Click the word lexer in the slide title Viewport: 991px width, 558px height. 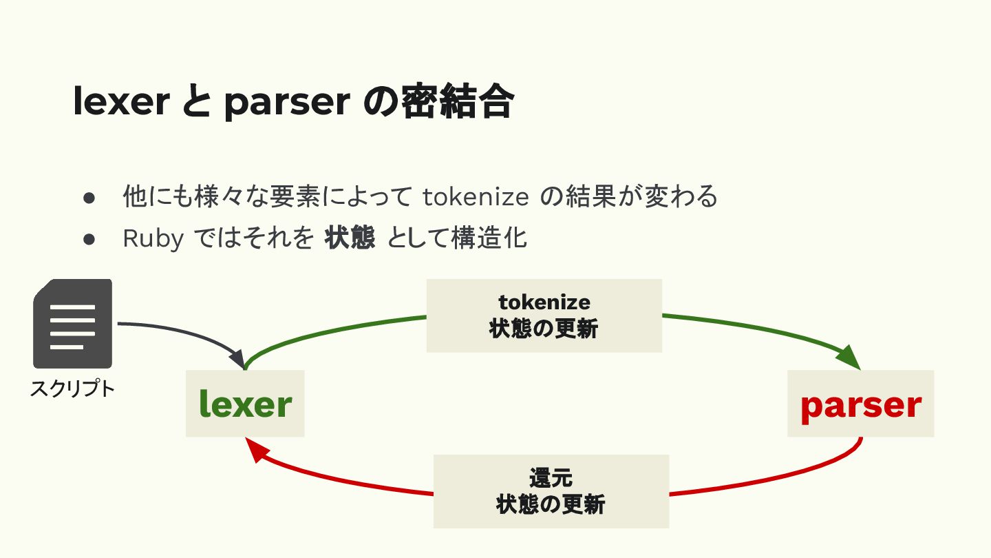(x=121, y=101)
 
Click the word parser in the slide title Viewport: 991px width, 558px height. (x=286, y=101)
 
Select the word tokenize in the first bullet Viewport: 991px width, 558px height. (x=476, y=197)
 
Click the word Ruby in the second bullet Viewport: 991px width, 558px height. (x=153, y=238)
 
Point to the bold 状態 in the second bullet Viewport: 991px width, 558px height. (x=350, y=238)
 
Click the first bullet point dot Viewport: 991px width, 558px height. (x=88, y=198)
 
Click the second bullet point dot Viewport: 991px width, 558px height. (x=88, y=239)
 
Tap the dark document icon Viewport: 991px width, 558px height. (x=72, y=323)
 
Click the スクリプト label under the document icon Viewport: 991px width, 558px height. (x=72, y=389)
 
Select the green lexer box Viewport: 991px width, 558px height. (x=245, y=404)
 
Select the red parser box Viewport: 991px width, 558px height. (x=860, y=404)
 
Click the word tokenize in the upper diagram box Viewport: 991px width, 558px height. (x=544, y=302)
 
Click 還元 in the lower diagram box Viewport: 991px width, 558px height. (x=551, y=477)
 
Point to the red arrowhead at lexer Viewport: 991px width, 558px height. (x=256, y=451)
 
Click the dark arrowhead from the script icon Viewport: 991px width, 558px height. (x=237, y=360)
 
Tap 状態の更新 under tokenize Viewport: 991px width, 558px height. (x=544, y=329)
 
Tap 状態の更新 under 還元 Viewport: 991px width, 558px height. (x=551, y=505)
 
